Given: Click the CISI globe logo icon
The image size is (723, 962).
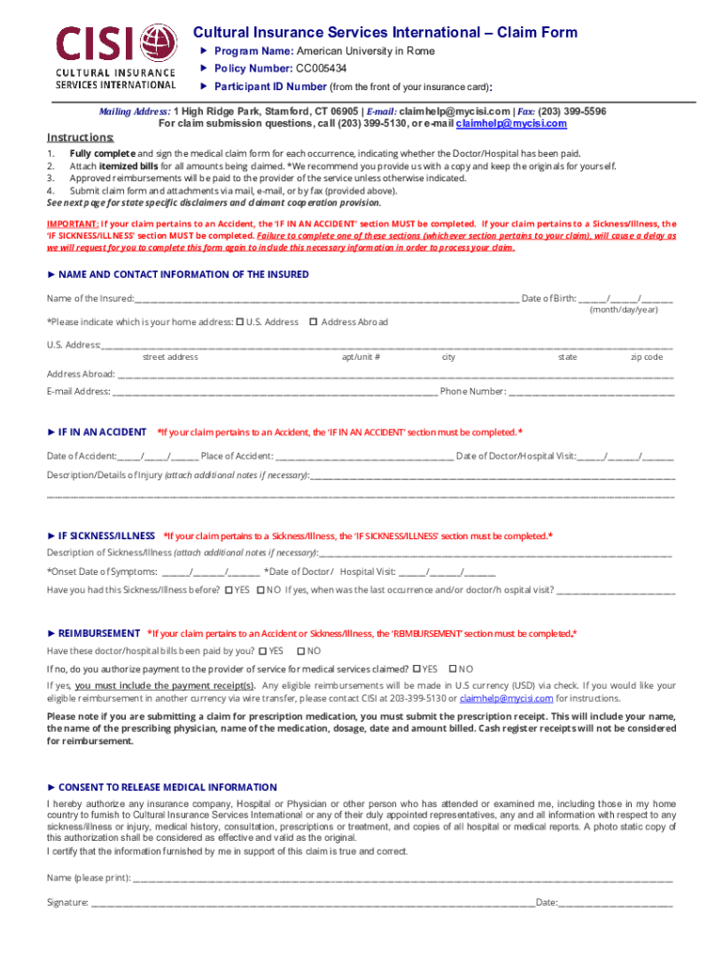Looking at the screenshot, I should click(157, 44).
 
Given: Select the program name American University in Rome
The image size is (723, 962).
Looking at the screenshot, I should click(365, 51).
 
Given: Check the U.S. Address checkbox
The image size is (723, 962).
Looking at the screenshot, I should click(239, 321).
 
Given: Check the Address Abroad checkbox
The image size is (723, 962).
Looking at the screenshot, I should click(313, 321).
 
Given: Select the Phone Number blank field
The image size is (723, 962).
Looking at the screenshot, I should click(592, 392).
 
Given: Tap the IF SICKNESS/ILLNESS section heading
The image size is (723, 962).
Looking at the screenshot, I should click(106, 535).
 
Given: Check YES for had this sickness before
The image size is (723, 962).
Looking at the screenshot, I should click(229, 590).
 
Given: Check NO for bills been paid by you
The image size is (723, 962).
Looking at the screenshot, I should click(300, 650).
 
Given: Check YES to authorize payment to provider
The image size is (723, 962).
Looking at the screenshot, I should click(417, 669).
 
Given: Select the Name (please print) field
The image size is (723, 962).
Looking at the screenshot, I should click(404, 879).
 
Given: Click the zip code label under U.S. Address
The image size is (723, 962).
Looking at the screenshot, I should click(646, 357).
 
